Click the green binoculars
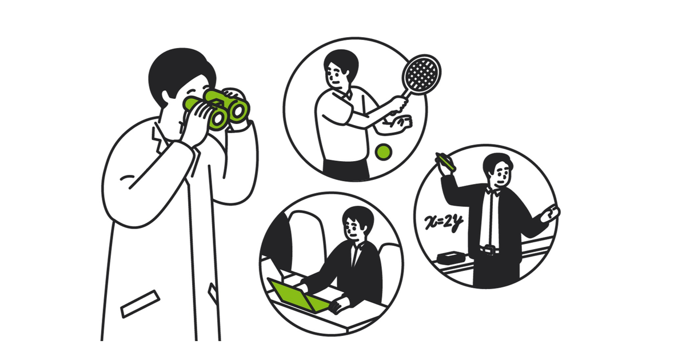(x=217, y=109)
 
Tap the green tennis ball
(x=384, y=152)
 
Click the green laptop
(x=298, y=296)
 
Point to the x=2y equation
(x=444, y=222)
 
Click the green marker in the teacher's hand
(x=445, y=162)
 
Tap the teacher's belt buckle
(x=490, y=250)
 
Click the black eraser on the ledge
(x=451, y=257)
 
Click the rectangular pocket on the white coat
(x=140, y=303)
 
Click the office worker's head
(x=357, y=223)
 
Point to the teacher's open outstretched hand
(x=551, y=213)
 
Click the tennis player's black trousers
(x=346, y=170)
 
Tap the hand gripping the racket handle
(x=399, y=105)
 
